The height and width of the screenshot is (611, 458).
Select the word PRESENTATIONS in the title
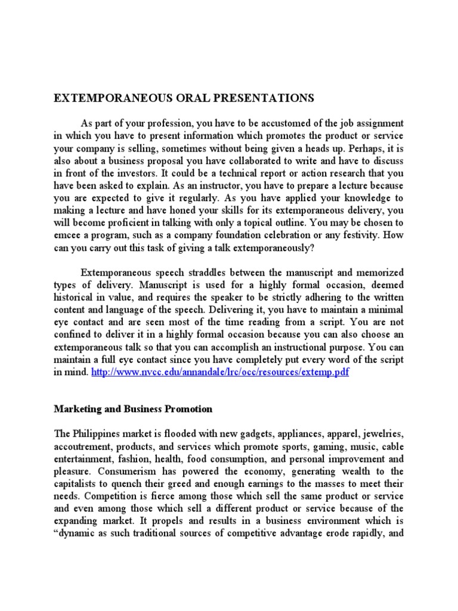point(255,97)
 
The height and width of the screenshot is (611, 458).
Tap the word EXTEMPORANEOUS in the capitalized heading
point(104,97)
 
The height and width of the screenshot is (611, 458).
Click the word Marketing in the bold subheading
point(76,409)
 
